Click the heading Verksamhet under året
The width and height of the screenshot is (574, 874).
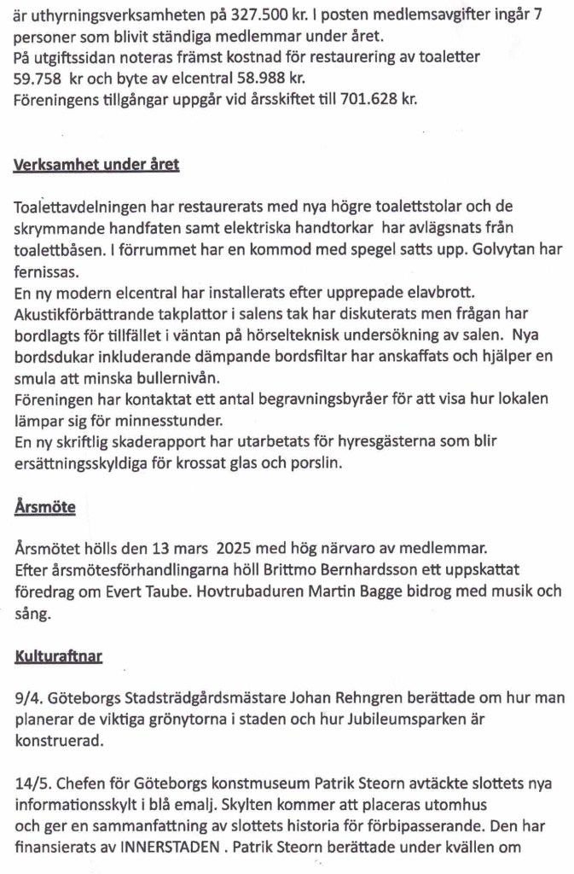tap(96, 164)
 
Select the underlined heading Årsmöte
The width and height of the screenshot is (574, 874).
tap(44, 507)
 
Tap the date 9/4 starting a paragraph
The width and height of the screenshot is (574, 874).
tap(26, 699)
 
